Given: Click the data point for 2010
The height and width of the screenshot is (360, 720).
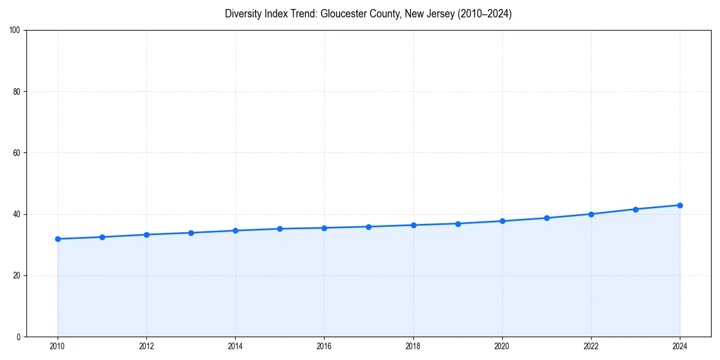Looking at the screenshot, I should click(58, 239).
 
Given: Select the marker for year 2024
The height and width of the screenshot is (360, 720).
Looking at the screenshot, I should click(680, 205).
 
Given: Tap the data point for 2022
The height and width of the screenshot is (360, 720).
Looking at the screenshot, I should click(591, 214).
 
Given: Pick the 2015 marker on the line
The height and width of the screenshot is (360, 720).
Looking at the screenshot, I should click(280, 229).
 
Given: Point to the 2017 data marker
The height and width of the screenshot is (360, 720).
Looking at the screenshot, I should click(368, 227).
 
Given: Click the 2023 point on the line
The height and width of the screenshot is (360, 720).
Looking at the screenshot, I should click(635, 209).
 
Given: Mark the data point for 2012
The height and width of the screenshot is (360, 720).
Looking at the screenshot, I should click(146, 235).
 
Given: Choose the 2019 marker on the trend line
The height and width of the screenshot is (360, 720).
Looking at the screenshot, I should click(458, 224).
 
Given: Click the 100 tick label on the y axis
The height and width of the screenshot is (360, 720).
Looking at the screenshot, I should click(15, 30).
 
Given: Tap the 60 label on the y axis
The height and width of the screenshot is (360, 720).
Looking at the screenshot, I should click(17, 153).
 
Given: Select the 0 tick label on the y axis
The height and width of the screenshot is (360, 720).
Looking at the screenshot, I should click(19, 337).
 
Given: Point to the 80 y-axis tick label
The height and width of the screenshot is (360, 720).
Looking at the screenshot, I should click(17, 92).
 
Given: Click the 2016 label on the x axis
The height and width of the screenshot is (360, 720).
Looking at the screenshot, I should click(324, 346).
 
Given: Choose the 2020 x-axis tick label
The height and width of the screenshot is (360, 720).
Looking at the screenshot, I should click(502, 346).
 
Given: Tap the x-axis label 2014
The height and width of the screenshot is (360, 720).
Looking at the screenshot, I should click(235, 346).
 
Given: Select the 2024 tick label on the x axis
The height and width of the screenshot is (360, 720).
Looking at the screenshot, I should click(680, 346).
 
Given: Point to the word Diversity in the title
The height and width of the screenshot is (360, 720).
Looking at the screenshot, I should click(242, 14).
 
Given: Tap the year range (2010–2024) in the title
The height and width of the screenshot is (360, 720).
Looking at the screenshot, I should click(485, 14).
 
